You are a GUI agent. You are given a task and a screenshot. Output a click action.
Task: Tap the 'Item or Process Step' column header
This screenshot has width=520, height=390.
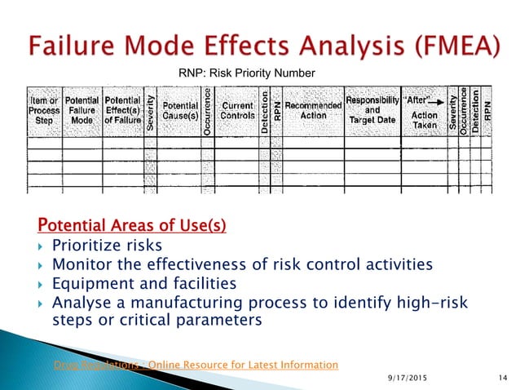tap(42, 112)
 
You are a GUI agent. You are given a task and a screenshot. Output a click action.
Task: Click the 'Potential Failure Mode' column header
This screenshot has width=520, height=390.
tap(82, 112)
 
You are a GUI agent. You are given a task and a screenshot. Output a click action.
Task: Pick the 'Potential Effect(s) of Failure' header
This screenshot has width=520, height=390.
tap(123, 112)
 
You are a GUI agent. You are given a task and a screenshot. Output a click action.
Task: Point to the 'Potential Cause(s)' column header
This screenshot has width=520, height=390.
tap(179, 112)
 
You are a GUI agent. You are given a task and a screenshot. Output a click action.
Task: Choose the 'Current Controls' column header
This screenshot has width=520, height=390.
tap(237, 112)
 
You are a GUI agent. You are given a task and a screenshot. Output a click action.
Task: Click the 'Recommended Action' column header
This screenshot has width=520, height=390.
tap(313, 111)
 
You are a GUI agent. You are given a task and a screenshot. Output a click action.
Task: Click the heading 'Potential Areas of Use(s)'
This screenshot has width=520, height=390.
tap(132, 224)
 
